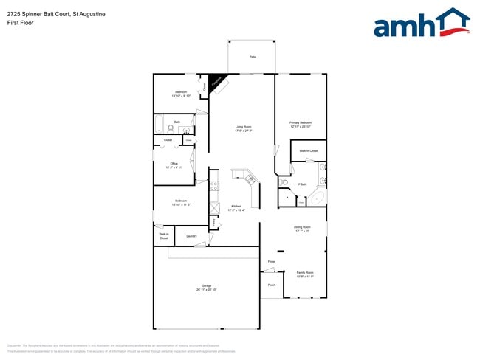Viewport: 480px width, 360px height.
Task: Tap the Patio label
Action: tap(253, 56)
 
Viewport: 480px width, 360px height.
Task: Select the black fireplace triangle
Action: tap(218, 81)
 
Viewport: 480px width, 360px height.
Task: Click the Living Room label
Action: tap(244, 128)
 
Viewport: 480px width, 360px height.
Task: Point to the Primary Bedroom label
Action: tap(301, 124)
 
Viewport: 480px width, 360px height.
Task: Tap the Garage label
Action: tap(206, 288)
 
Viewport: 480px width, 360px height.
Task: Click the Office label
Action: tap(174, 165)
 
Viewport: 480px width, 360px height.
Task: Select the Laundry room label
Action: tap(181, 237)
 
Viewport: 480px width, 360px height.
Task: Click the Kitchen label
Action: tap(236, 207)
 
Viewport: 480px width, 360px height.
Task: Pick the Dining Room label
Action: tap(301, 229)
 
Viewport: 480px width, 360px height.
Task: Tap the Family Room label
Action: tap(305, 274)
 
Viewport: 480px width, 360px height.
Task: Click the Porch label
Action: tap(271, 285)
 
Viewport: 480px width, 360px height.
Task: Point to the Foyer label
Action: tap(271, 262)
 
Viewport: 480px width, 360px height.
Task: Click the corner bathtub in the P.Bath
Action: tap(318, 198)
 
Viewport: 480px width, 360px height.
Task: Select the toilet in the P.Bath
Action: tap(284, 181)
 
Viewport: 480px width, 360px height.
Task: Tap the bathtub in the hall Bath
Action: tap(160, 125)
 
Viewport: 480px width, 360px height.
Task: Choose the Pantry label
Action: tap(213, 222)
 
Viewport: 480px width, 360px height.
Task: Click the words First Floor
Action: tap(20, 23)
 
